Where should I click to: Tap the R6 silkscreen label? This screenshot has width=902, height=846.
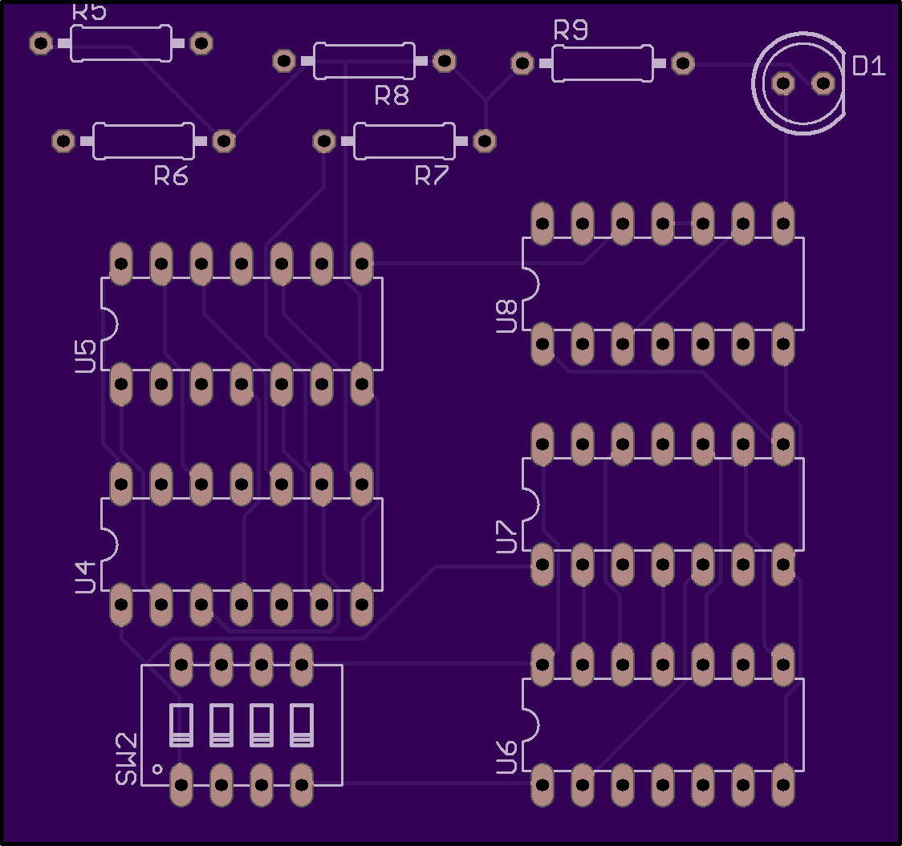tap(171, 176)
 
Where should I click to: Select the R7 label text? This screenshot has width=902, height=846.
tap(432, 176)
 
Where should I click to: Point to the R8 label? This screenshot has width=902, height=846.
tap(392, 95)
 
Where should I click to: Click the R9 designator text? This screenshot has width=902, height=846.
tap(571, 30)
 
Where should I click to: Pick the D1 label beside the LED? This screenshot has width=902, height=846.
tap(868, 66)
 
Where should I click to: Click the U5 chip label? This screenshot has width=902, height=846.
tap(85, 356)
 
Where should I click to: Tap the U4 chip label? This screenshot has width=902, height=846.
tap(85, 577)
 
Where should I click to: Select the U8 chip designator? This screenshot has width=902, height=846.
tap(507, 316)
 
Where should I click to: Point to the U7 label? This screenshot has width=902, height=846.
tap(507, 537)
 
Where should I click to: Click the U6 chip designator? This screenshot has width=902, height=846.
tap(507, 758)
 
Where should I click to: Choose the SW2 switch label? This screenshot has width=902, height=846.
tap(127, 759)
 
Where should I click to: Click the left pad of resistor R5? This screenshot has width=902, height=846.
tap(41, 43)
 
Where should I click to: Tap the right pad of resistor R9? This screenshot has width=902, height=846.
tap(683, 63)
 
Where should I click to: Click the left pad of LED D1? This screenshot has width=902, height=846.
tap(783, 83)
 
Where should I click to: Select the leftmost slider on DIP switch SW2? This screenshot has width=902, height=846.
tap(181, 725)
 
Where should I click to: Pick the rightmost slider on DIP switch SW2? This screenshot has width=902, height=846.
tap(302, 725)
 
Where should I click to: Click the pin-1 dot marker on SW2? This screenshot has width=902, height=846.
tap(157, 769)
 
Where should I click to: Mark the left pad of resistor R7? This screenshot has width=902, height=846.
tap(324, 141)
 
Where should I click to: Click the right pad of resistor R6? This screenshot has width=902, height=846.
tap(224, 141)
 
